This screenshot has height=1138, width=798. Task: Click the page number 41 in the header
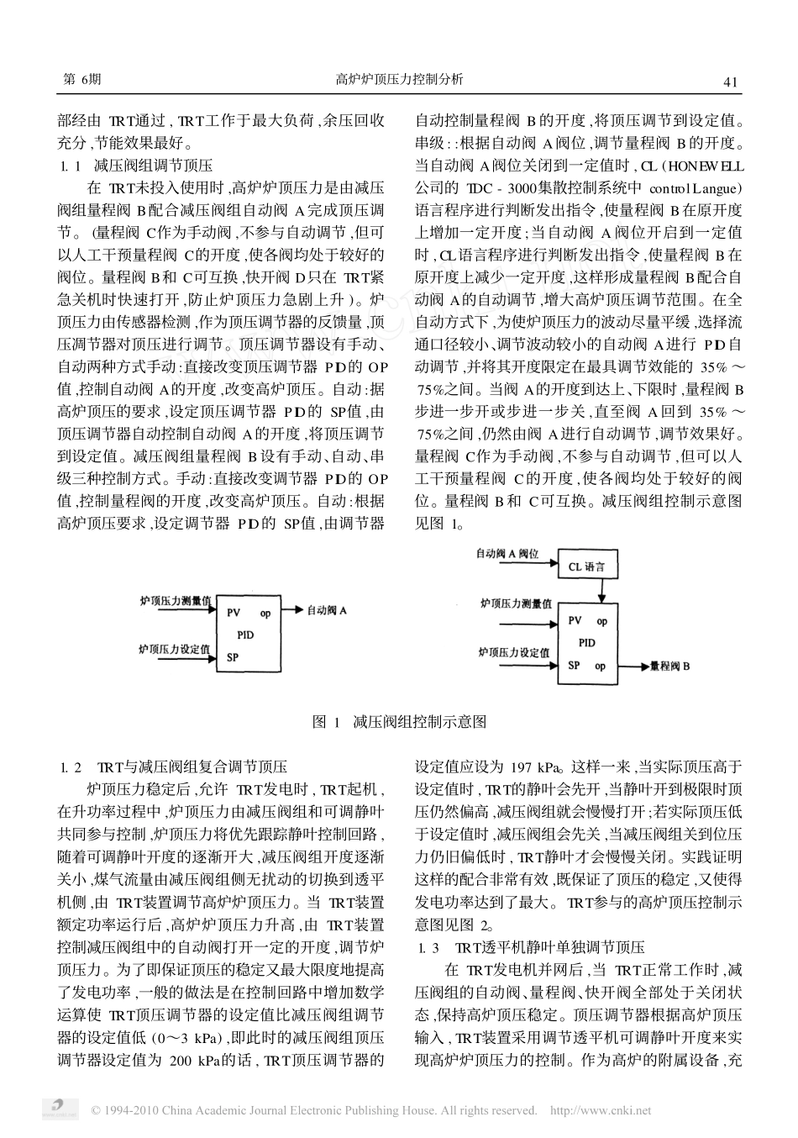click(x=729, y=82)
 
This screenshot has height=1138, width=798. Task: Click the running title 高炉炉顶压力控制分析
click(x=399, y=80)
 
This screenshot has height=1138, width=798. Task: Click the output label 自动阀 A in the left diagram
click(x=327, y=611)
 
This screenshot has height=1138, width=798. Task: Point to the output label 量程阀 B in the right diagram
click(x=670, y=666)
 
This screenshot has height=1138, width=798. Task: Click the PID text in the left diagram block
click(x=245, y=635)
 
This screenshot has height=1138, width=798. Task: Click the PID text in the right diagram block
click(x=587, y=643)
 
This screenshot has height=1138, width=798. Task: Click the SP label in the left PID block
click(x=232, y=657)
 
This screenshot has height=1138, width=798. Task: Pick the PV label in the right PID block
click(x=575, y=621)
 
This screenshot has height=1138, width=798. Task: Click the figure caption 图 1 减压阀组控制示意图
click(x=399, y=722)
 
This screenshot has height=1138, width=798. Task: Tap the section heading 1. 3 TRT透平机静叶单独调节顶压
click(x=532, y=947)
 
